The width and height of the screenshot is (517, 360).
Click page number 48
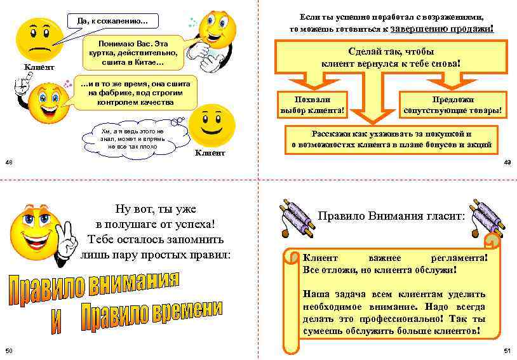coord(8,163)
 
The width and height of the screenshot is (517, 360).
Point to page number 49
coord(507,163)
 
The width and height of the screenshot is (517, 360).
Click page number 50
coord(8,351)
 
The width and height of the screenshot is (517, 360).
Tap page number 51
coord(507,351)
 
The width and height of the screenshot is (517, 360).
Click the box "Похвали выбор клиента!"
coord(312,105)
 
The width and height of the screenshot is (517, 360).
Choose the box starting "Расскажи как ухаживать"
coord(391,140)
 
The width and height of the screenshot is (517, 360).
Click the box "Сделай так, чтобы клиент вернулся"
coord(391,57)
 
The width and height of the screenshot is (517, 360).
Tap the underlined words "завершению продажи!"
coord(442,29)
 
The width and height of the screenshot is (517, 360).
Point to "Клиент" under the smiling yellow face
coord(210,153)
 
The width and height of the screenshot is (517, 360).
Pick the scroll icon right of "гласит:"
coord(487,217)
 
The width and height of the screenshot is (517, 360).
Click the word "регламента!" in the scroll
coord(459,258)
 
